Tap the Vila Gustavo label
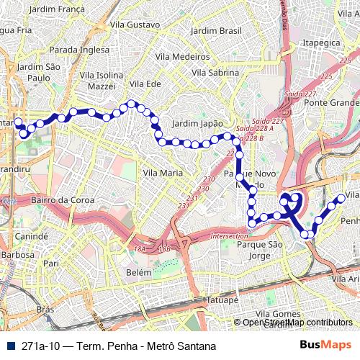(x=135, y=24)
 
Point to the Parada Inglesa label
(x=79, y=50)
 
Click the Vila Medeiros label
(x=181, y=56)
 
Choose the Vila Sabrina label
(x=215, y=73)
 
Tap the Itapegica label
(x=321, y=43)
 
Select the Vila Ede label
(x=144, y=84)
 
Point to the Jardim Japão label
(x=198, y=123)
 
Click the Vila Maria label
(x=163, y=173)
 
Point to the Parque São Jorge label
(x=253, y=250)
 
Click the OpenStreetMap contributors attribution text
(x=298, y=323)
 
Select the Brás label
(x=45, y=309)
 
